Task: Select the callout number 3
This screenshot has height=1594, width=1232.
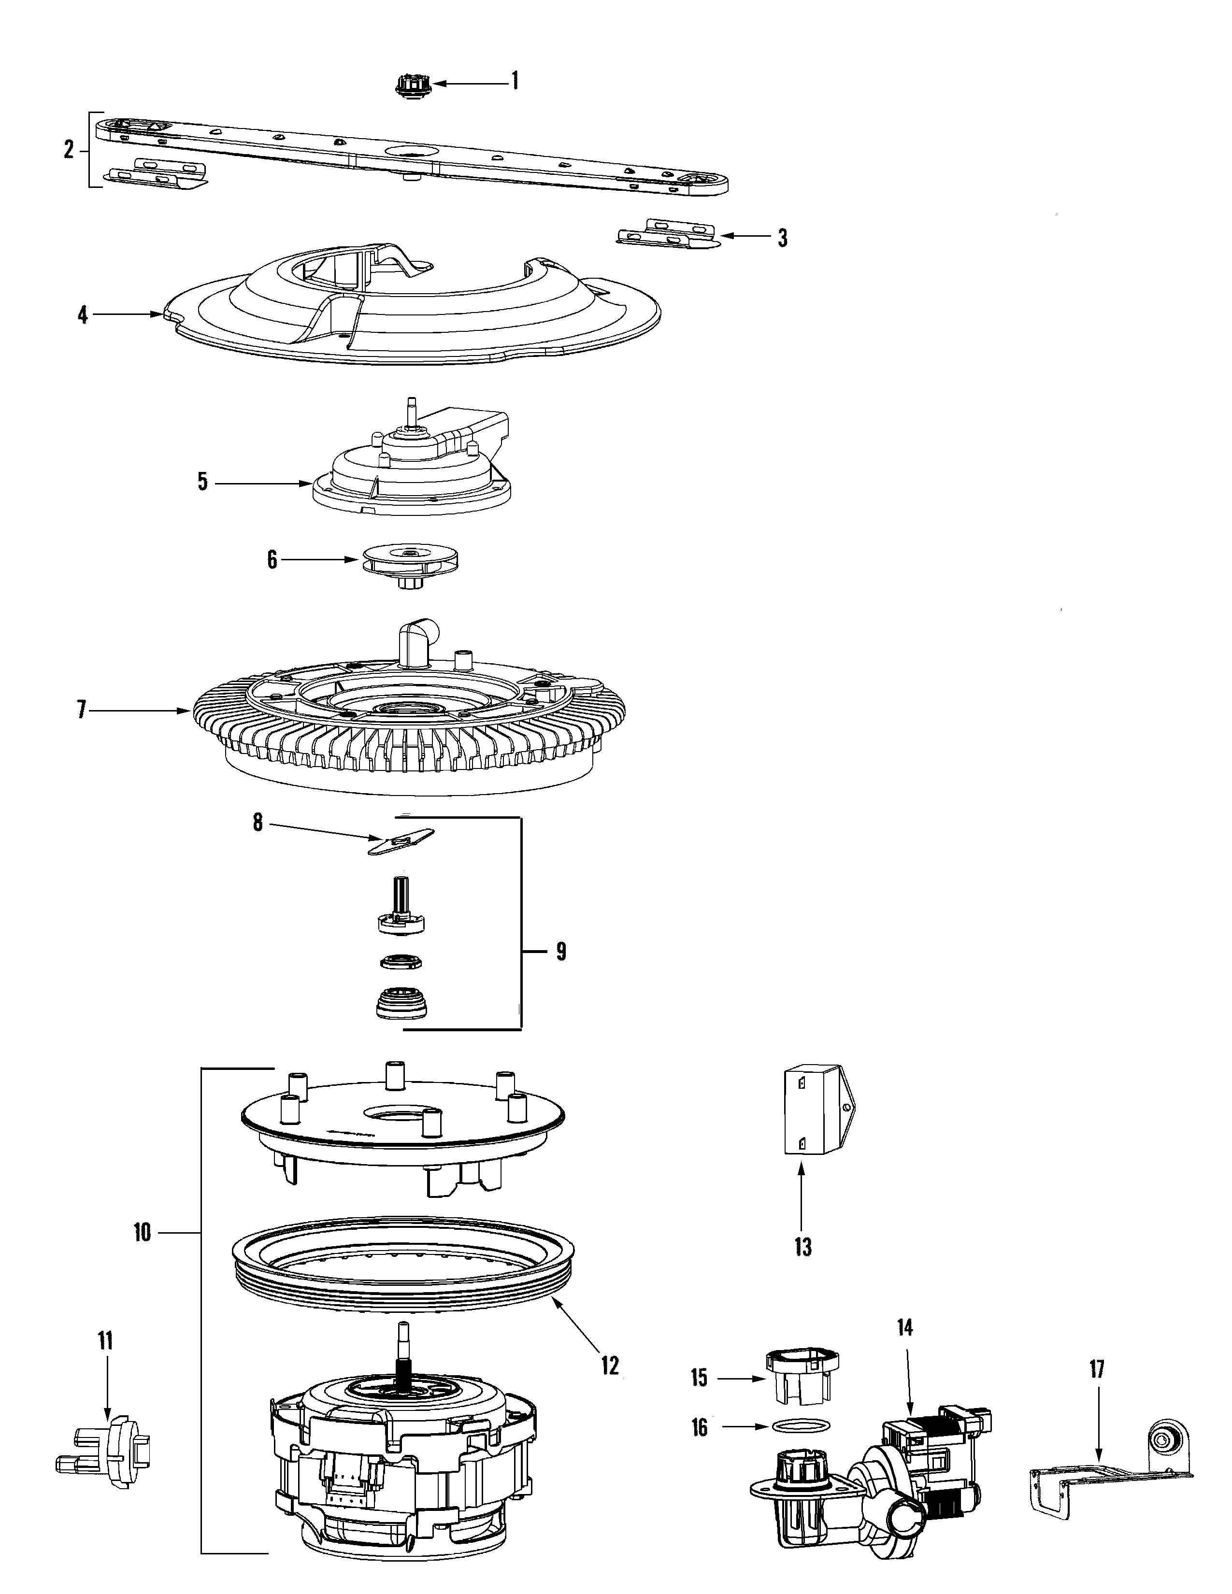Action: point(782,239)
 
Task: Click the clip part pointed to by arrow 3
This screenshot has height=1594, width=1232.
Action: point(666,234)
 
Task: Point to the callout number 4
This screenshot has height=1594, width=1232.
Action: point(83,315)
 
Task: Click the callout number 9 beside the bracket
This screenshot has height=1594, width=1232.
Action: point(560,952)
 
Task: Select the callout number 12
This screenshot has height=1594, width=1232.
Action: point(610,1365)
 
